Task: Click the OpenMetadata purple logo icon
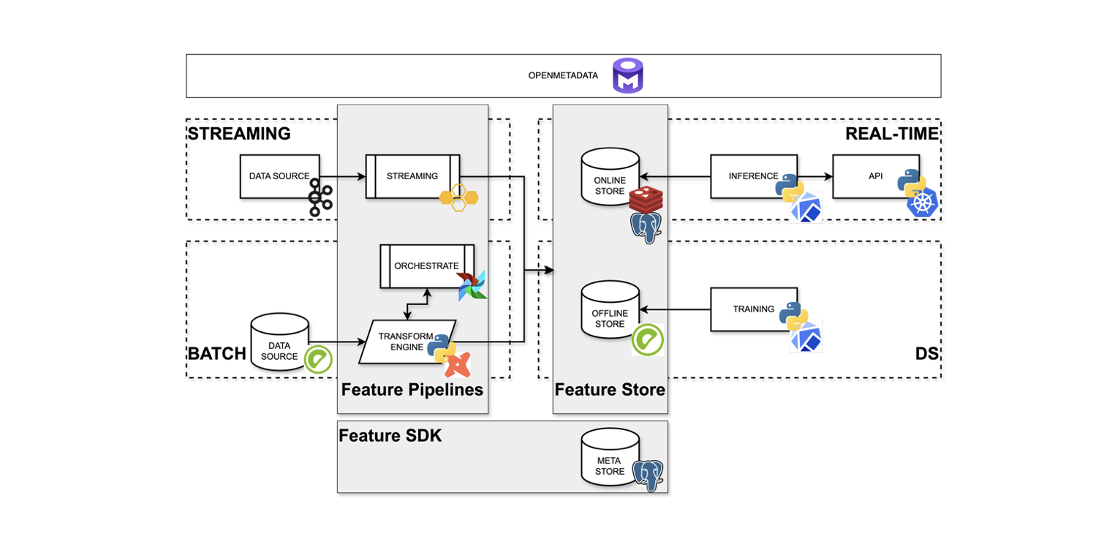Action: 627,75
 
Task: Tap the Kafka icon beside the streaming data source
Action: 320,197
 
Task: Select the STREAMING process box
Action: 412,176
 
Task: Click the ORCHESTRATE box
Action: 426,266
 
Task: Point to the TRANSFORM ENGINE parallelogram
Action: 406,341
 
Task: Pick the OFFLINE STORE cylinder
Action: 610,311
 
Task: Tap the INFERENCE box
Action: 753,176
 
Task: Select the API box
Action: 875,176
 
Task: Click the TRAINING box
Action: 753,309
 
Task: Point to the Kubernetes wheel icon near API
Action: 923,203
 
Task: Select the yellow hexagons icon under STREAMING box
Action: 458,197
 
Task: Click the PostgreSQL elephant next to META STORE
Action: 648,475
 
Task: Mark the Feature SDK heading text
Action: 390,436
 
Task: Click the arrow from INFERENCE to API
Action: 814,176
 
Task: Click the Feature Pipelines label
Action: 412,390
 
